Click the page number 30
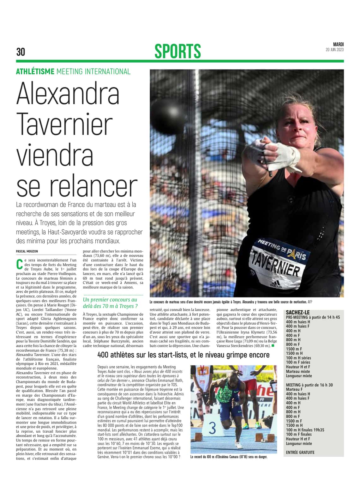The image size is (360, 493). tap(21, 52)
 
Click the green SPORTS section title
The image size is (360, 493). tap(177, 51)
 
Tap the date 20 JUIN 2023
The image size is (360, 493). tap(334, 50)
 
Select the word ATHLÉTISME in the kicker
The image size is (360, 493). tap(35, 72)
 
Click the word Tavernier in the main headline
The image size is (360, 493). tap(64, 125)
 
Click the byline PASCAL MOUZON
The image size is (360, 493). tap(27, 251)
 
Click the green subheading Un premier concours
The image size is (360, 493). tap(110, 303)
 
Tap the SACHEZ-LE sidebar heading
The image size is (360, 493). tap(298, 312)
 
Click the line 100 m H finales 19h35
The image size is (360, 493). tap(305, 430)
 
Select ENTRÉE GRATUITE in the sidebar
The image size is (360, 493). tap(300, 452)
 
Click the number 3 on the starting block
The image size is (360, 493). tap(213, 428)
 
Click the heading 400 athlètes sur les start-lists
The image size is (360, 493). tap(183, 355)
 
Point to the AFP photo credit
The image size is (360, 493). tap(310, 302)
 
